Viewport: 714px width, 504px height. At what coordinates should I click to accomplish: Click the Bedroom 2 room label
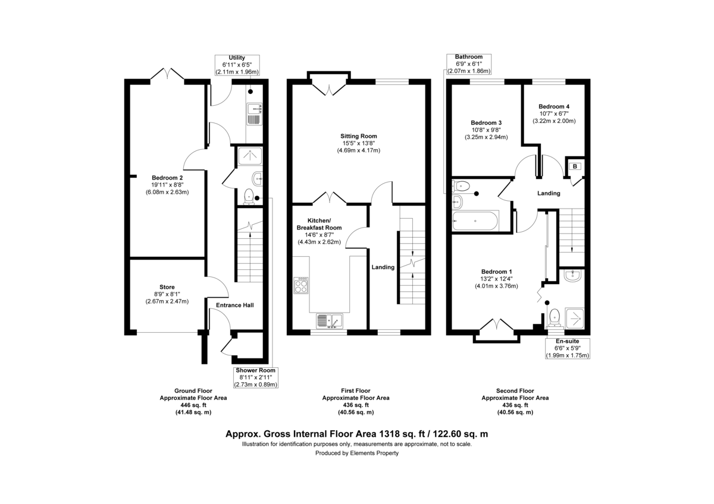(x=167, y=178)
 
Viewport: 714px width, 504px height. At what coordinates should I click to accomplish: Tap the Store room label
(x=167, y=287)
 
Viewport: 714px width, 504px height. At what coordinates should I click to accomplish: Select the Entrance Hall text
(x=234, y=305)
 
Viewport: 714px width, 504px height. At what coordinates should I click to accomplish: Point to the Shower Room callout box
(x=256, y=377)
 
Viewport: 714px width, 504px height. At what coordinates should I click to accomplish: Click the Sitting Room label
(x=359, y=136)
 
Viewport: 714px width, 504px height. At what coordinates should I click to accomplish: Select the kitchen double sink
(x=328, y=321)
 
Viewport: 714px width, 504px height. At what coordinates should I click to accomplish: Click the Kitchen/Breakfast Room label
(x=319, y=223)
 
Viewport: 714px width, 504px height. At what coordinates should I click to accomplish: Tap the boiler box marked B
(x=575, y=166)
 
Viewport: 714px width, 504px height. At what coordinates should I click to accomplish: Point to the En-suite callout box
(x=568, y=348)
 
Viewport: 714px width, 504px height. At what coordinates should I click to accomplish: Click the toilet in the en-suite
(x=555, y=316)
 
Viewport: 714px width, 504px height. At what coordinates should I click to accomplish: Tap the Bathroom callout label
(x=469, y=64)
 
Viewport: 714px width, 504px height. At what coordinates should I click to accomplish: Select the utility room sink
(x=255, y=113)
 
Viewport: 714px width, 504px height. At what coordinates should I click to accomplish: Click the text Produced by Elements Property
(x=357, y=453)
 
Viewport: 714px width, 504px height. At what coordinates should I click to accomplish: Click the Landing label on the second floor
(x=549, y=193)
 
